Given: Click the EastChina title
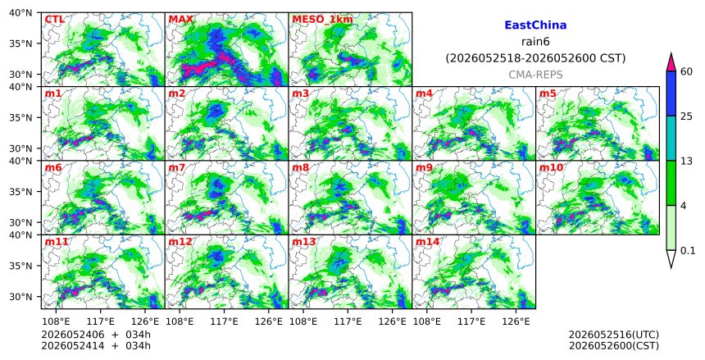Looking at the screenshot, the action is coord(535,25).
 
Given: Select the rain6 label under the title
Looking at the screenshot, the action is coord(535,42).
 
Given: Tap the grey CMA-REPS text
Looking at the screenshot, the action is coord(535,75).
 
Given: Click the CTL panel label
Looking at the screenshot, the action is coord(54,20).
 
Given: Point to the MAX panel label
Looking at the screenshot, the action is coord(180,20).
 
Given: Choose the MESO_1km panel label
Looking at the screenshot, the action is coord(322,20).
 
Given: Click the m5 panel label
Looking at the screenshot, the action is coord(548,93).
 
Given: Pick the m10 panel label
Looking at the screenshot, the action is coord(551,168).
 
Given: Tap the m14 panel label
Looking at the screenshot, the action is coord(427,242).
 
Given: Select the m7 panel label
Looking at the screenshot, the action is coord(177,168).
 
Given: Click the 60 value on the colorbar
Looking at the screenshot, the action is coord(686,71).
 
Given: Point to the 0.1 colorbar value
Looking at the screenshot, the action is coord(688,251).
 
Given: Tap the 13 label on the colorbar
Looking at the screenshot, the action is coord(686,161).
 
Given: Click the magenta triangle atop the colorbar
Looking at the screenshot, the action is coord(671,63).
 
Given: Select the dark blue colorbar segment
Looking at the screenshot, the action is coord(671,93).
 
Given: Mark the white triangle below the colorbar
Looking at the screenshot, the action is coord(671,257).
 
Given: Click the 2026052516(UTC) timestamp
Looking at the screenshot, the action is coord(614,335).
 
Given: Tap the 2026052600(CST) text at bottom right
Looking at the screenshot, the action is coord(614,346).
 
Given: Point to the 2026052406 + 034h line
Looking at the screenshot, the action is coord(96,335).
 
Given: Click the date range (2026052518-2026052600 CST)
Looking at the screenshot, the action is coord(535,58).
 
